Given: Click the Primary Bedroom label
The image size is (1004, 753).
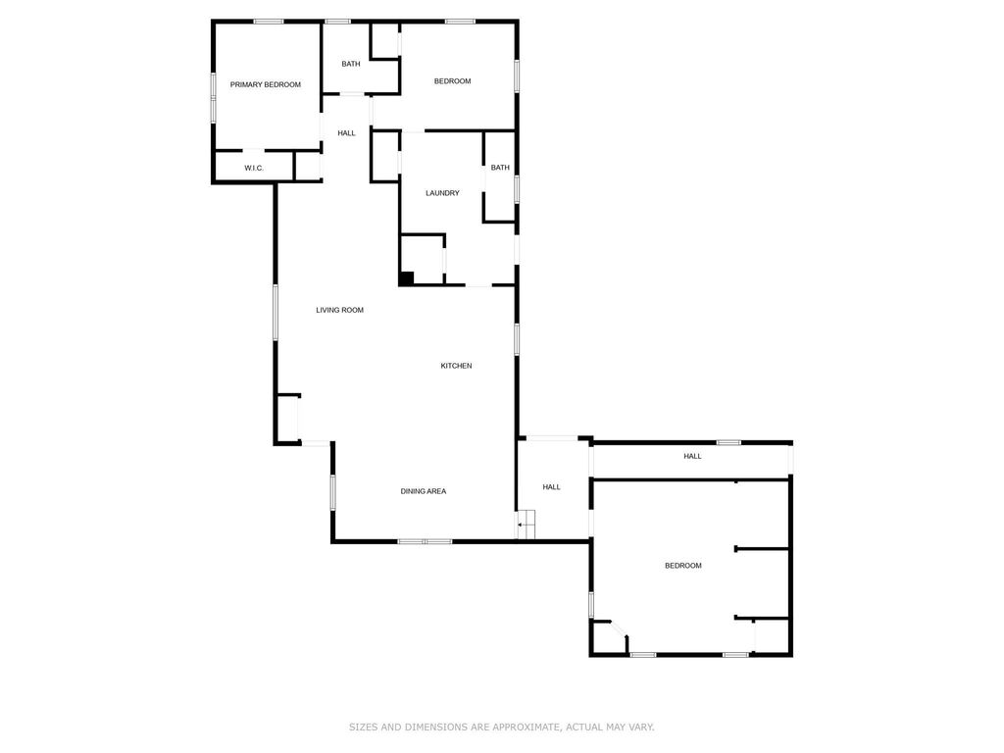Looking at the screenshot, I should [x=265, y=85].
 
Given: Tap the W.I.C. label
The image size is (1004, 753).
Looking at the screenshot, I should [x=254, y=169].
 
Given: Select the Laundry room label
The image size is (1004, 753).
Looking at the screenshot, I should [x=442, y=193].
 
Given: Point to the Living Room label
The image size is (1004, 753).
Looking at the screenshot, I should [x=339, y=311].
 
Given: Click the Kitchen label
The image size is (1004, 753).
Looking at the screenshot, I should [x=456, y=366].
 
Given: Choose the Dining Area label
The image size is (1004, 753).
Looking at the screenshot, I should [x=424, y=491].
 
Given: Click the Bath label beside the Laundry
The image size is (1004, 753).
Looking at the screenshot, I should [x=500, y=168].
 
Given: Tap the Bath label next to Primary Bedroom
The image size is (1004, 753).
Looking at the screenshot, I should [x=350, y=65].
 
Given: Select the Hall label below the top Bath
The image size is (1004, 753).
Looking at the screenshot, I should [x=346, y=133].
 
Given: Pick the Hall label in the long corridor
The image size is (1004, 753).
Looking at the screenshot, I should [x=692, y=457].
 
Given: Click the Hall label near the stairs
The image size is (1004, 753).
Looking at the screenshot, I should [x=551, y=487].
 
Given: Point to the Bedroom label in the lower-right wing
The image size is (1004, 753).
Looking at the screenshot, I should [x=683, y=566].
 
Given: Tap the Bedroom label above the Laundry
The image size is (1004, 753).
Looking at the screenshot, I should [x=452, y=81].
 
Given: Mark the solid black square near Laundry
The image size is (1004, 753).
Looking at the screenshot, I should [x=406, y=278].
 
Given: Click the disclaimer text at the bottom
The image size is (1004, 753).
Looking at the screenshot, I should [x=501, y=728].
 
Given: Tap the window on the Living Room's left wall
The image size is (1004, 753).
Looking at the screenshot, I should [x=276, y=312].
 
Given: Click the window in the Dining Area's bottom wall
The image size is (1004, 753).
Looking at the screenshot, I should [x=425, y=541].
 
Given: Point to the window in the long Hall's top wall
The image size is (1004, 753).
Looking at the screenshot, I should [x=728, y=443].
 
